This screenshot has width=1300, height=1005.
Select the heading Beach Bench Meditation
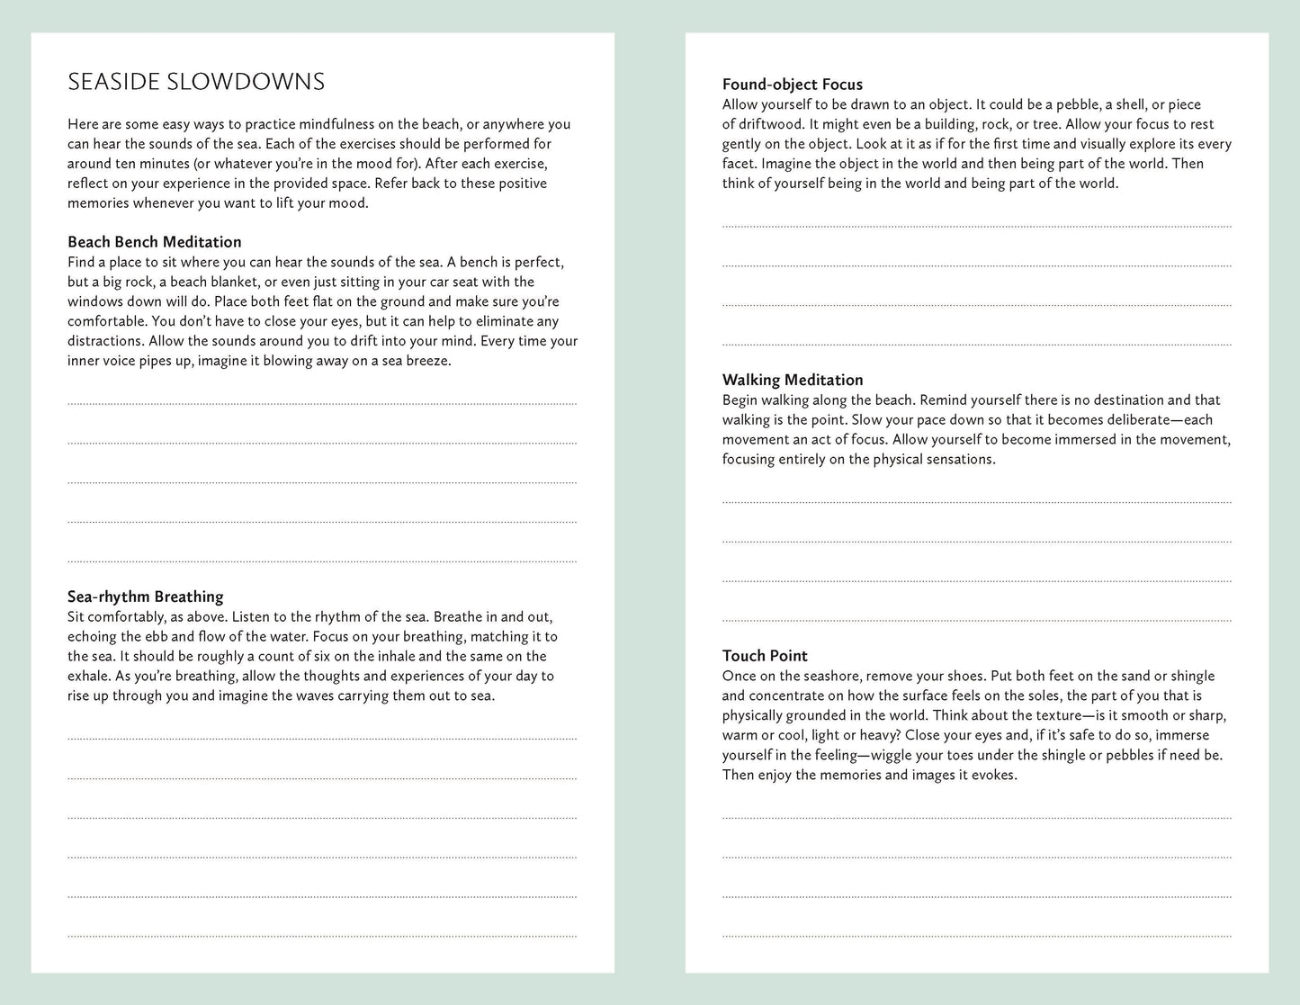click(x=155, y=242)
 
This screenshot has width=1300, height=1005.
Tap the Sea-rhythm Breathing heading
click(x=146, y=597)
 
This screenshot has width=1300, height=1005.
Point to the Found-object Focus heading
click(x=793, y=85)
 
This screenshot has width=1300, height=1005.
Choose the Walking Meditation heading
click(x=793, y=380)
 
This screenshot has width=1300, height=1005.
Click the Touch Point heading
click(x=765, y=656)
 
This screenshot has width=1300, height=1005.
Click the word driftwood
click(x=769, y=124)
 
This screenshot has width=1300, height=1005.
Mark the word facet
click(x=739, y=164)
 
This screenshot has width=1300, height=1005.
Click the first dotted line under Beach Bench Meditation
click(x=322, y=405)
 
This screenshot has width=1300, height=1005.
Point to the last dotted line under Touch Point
click(x=976, y=937)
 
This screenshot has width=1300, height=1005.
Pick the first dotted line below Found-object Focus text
click(x=976, y=227)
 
